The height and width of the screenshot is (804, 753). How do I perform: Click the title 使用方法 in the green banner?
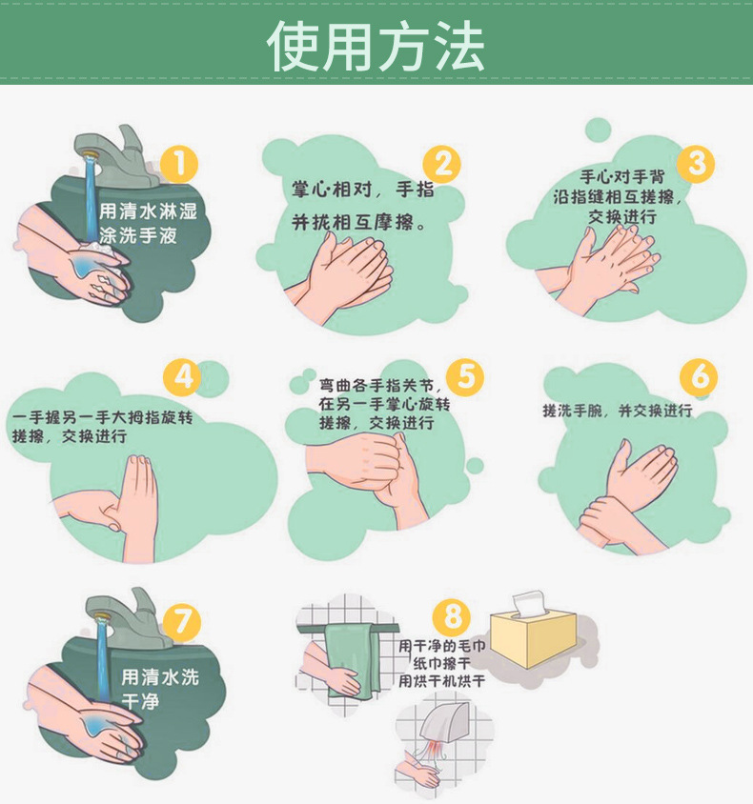point(376,46)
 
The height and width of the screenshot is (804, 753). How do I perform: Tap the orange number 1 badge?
point(179,165)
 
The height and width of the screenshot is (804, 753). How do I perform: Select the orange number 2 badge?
point(441,165)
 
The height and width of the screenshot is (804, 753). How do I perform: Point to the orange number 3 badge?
point(696,164)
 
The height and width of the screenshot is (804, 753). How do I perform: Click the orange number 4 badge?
point(182,378)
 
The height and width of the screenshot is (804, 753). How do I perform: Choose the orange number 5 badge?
point(465,377)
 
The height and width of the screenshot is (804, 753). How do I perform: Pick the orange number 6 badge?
point(699,377)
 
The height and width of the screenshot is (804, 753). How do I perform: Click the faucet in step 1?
point(119,156)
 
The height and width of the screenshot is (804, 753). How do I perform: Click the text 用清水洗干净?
point(159,689)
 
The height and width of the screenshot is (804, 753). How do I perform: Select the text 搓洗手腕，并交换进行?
point(618,411)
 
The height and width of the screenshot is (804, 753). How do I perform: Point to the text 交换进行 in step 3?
point(621,216)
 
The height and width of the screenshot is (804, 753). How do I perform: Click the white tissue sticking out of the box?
point(529,603)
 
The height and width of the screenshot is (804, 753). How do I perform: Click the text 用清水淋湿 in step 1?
point(148,211)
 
